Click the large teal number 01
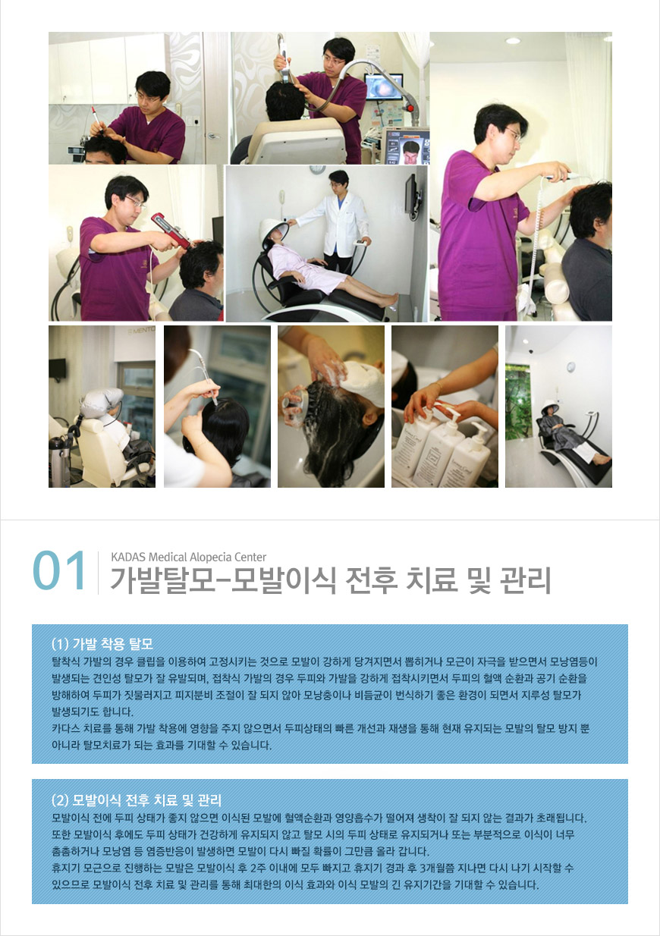(x=59, y=570)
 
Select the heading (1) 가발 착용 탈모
(x=102, y=643)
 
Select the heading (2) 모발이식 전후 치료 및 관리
(x=137, y=799)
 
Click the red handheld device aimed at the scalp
(x=170, y=231)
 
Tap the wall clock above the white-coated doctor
(x=317, y=169)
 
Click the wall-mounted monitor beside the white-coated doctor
(x=411, y=196)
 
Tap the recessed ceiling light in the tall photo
(x=513, y=41)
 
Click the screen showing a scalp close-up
(x=383, y=86)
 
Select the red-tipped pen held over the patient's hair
(x=97, y=119)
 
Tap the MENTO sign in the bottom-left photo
(x=141, y=331)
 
